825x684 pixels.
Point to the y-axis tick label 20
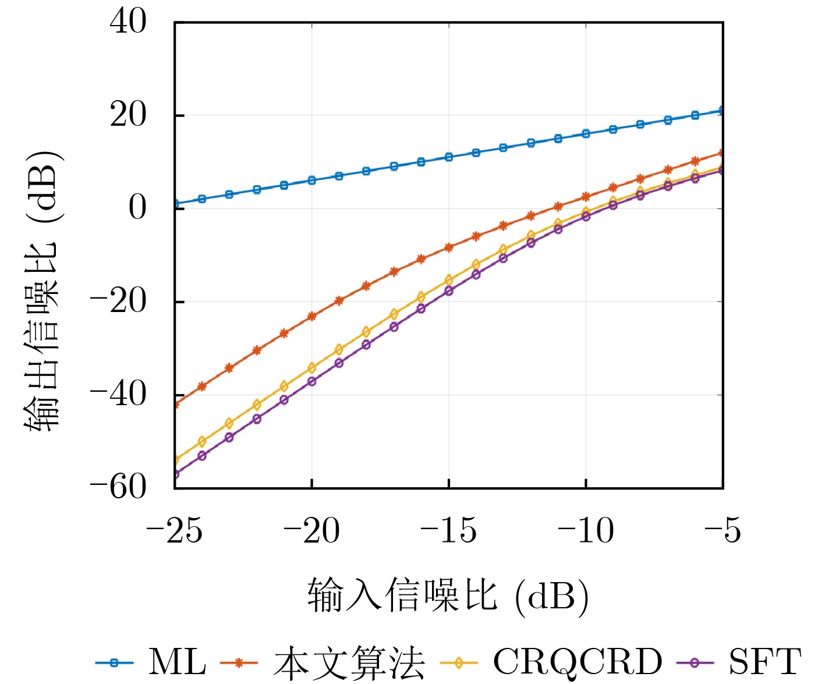tap(128, 115)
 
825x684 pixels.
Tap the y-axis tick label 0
tap(138, 208)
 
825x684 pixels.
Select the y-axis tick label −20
tap(118, 302)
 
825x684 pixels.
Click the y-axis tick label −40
tap(118, 395)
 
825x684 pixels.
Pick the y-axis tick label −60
tap(118, 487)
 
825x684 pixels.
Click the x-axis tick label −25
tap(174, 530)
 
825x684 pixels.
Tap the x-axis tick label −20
tap(311, 530)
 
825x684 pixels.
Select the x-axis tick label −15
tap(448, 530)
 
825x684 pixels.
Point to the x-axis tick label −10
tap(586, 530)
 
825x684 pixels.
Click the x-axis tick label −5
tap(723, 530)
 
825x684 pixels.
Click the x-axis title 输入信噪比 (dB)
tap(448, 596)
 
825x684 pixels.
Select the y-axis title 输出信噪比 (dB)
tap(42, 290)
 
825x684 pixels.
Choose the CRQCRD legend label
tap(578, 662)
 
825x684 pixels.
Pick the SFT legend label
tap(765, 662)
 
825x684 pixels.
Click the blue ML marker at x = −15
tap(449, 157)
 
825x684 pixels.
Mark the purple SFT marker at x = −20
tap(311, 381)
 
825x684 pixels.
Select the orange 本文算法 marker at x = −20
tap(311, 316)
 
